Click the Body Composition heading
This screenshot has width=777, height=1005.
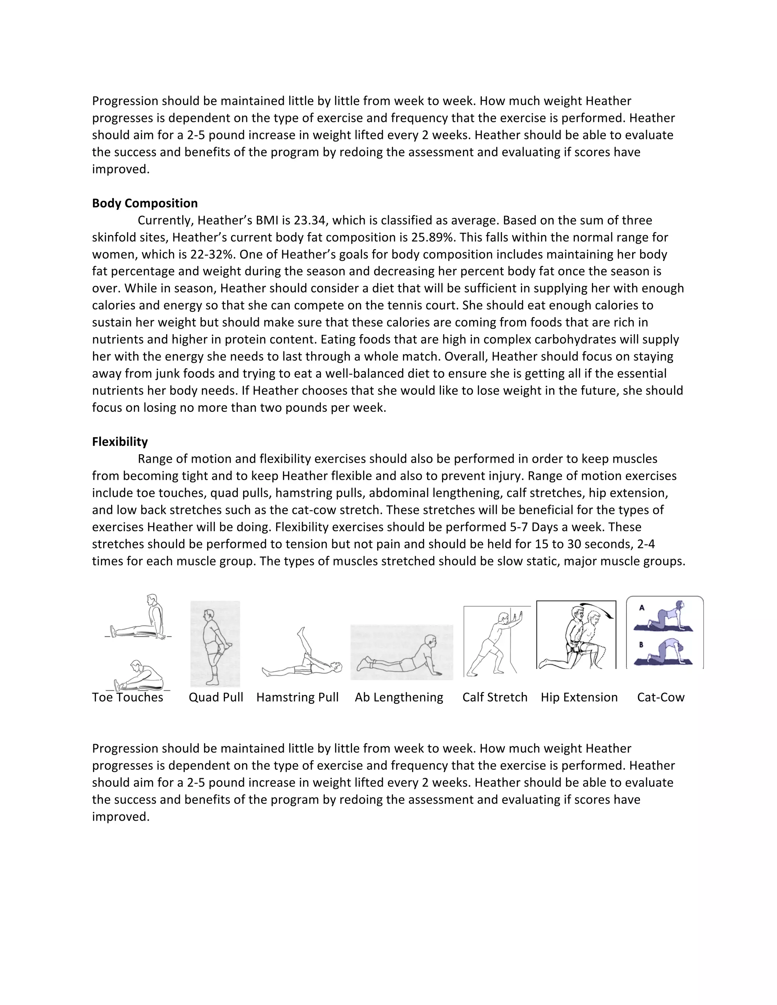[x=145, y=203]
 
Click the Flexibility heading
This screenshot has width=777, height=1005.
[x=120, y=442]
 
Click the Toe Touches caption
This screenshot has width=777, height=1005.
[x=127, y=697]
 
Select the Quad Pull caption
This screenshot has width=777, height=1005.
[x=216, y=697]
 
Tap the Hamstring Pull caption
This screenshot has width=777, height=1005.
[x=297, y=697]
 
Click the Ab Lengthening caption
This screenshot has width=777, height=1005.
[x=399, y=697]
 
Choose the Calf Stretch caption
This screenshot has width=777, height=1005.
[x=495, y=697]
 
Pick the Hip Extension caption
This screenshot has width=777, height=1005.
[x=579, y=697]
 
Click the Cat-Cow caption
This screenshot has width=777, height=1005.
[x=661, y=697]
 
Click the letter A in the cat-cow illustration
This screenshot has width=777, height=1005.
[x=642, y=608]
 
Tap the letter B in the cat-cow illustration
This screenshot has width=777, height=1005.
[x=641, y=645]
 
